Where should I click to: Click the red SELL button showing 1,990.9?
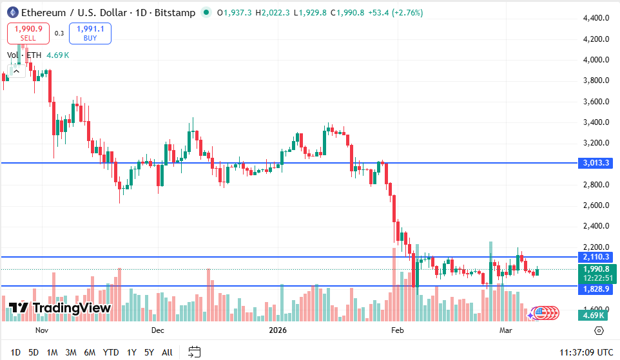point(28,33)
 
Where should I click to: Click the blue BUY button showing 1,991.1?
point(90,33)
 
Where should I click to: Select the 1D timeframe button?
point(15,352)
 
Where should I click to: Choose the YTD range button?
point(111,352)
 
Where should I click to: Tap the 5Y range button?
point(149,352)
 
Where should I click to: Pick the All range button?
point(167,352)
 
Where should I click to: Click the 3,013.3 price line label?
point(596,163)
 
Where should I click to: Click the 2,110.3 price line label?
point(596,257)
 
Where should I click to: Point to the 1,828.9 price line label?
point(596,290)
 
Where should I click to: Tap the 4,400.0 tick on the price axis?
point(596,18)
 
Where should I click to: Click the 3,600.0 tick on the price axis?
point(596,102)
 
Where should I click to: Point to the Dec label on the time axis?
point(157,331)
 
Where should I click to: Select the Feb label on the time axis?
point(397,331)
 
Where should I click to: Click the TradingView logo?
point(60,308)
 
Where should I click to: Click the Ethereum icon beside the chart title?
point(12,13)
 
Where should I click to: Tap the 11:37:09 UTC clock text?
point(585,352)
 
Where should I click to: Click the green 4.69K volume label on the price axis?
point(593,315)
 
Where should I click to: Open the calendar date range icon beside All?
point(194,352)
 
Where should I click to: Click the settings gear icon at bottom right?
point(599,331)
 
